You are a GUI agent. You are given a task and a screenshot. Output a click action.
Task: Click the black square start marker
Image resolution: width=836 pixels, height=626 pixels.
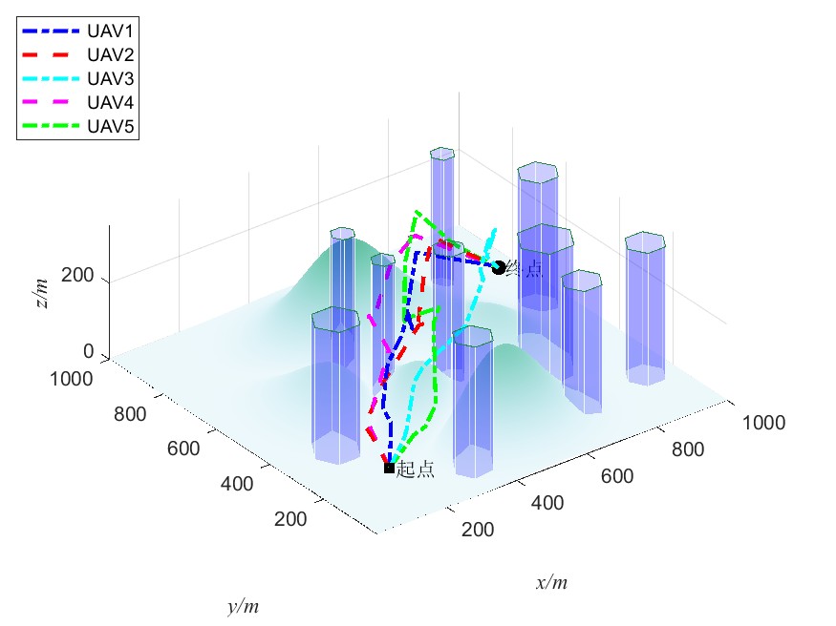pos(389,468)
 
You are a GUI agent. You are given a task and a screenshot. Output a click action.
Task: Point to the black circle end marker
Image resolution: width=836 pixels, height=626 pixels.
pos(498,268)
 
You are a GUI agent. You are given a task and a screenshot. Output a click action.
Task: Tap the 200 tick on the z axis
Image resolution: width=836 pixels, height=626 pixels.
pos(79,277)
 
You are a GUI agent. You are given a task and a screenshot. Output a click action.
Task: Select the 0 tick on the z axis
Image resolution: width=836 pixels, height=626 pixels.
pos(88,351)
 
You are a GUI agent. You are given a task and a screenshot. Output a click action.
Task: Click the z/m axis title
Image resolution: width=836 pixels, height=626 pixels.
pos(39,287)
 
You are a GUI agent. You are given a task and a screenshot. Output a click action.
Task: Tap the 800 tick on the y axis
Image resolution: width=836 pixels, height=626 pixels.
pos(131,414)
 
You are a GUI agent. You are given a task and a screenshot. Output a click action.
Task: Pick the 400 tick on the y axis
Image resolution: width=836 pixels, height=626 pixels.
pos(236,484)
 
